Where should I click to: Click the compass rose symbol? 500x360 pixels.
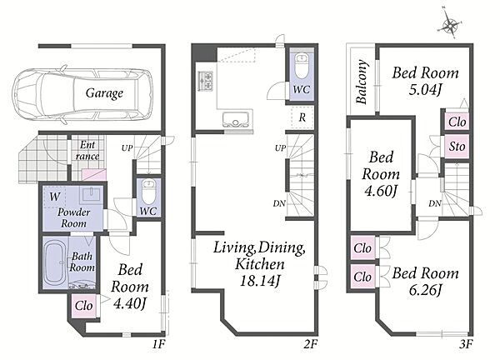tap(450, 25)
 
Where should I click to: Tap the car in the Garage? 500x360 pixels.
tap(82, 94)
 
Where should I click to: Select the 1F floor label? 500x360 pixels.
tap(158, 344)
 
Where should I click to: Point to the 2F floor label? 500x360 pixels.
tap(310, 344)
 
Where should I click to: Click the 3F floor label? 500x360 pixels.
tap(465, 344)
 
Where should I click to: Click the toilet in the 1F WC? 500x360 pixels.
tap(148, 192)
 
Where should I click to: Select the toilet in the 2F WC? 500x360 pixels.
tap(302, 66)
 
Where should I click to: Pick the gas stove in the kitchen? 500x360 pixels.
tap(205, 80)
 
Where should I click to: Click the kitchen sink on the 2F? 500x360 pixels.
tap(237, 119)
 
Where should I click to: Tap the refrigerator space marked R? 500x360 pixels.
tap(302, 117)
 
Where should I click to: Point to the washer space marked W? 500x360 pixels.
tap(54, 197)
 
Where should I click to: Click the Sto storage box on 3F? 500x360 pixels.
tap(457, 147)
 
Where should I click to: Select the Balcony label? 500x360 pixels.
tap(362, 82)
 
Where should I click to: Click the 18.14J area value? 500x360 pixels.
tap(260, 281)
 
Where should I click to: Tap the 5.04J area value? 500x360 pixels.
tap(425, 90)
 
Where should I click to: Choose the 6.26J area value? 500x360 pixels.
tap(425, 290)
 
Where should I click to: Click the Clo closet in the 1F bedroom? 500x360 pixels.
tap(83, 306)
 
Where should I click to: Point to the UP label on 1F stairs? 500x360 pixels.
tap(127, 148)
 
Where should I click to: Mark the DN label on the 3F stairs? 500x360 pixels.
tap(435, 203)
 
